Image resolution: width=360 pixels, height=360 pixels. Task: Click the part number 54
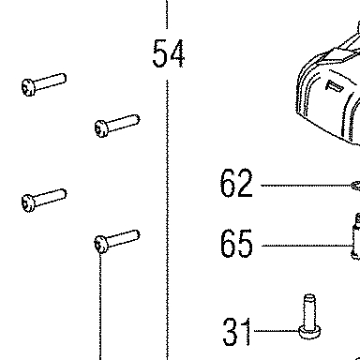169,53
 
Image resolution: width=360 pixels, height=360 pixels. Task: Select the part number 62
236,183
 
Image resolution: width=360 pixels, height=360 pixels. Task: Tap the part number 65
236,243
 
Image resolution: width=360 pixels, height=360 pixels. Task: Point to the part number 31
236,331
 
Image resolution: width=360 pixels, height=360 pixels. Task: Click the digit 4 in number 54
176,53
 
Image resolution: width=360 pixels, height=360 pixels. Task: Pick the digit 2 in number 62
245,183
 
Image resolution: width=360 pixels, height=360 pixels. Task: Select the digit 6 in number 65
228,243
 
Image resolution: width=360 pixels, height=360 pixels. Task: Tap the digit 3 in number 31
231,331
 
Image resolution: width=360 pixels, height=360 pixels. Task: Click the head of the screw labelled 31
309,332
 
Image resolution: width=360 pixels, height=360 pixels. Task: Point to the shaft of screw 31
309,310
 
